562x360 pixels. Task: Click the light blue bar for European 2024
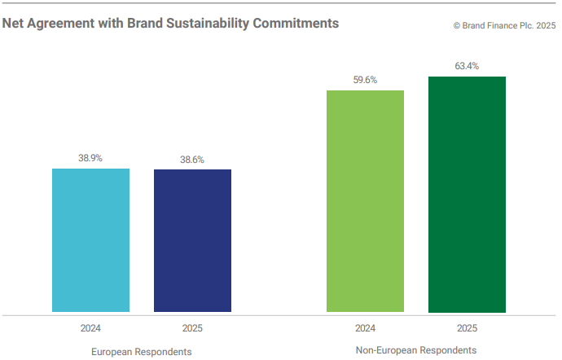pos(90,240)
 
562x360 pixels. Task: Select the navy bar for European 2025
pos(192,241)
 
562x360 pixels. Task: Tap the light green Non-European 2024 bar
pos(365,201)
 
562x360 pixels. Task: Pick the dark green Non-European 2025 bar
pos(467,195)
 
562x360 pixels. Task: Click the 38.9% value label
pos(90,158)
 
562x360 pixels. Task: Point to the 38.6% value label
pos(192,160)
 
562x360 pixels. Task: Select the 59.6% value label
pos(365,80)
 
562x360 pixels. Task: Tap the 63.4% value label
pos(467,66)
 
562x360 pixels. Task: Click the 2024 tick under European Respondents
pos(90,328)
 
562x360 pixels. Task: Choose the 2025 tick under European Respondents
pos(192,328)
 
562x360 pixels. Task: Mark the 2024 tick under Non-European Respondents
pos(365,328)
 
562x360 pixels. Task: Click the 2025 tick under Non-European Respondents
pos(467,328)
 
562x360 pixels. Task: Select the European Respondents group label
pos(143,351)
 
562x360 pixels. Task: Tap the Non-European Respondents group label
pos(416,350)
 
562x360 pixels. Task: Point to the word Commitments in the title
pos(298,24)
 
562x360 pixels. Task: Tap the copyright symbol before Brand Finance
pos(457,26)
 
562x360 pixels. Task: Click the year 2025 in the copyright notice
pos(545,26)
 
